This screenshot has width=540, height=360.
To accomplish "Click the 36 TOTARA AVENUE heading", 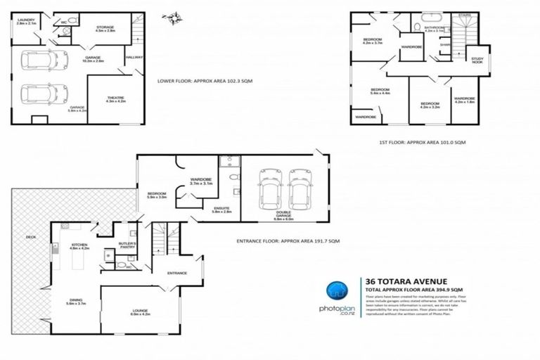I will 398,279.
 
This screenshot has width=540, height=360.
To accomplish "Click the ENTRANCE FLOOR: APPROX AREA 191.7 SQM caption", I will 289,241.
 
